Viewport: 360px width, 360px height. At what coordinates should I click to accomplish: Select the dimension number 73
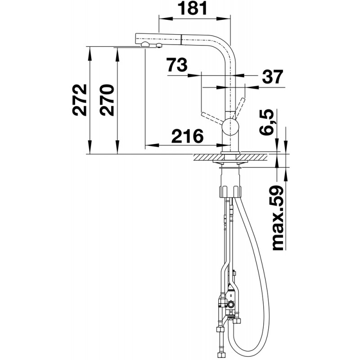coord(177,64)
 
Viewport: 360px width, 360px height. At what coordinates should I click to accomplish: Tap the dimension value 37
coord(272,77)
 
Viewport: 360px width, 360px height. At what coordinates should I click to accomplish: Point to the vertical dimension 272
coord(80,100)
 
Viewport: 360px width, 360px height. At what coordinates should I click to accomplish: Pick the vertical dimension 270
coord(107,100)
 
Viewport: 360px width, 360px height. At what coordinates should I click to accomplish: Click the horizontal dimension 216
coord(187,136)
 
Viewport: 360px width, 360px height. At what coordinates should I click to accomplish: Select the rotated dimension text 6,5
coord(268,121)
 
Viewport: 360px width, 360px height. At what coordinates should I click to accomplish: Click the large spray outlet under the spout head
coord(145,45)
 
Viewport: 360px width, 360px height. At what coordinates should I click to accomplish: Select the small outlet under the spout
coord(158,45)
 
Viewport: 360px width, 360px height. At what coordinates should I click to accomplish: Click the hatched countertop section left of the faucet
coord(208,157)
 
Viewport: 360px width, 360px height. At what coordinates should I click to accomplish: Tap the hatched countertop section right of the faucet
coord(254,157)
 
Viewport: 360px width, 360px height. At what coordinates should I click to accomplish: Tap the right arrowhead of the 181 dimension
coord(223,19)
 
